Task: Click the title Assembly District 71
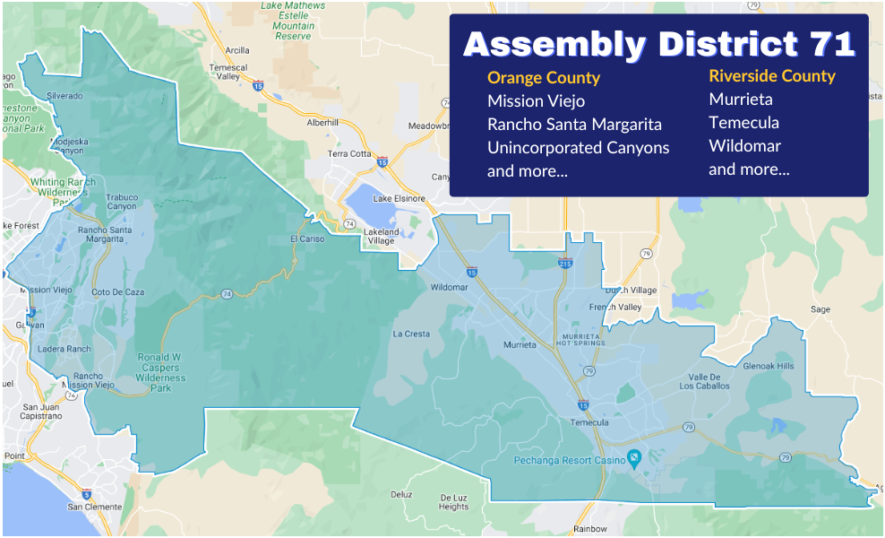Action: pos(659,44)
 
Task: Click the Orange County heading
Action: pos(543,78)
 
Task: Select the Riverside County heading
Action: pos(771,76)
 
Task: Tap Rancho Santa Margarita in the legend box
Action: pos(574,124)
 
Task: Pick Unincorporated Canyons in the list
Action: pos(578,147)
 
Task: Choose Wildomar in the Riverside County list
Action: pos(744,145)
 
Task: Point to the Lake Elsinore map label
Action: pos(394,198)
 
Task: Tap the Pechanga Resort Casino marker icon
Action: pos(634,458)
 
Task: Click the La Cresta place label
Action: pos(411,334)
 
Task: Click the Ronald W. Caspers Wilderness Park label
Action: pos(160,372)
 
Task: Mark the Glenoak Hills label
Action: pos(768,366)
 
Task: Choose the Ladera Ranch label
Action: pos(65,349)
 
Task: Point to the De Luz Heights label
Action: pos(453,501)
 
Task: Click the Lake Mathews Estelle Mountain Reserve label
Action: pos(293,21)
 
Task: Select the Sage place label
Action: pos(820,309)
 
